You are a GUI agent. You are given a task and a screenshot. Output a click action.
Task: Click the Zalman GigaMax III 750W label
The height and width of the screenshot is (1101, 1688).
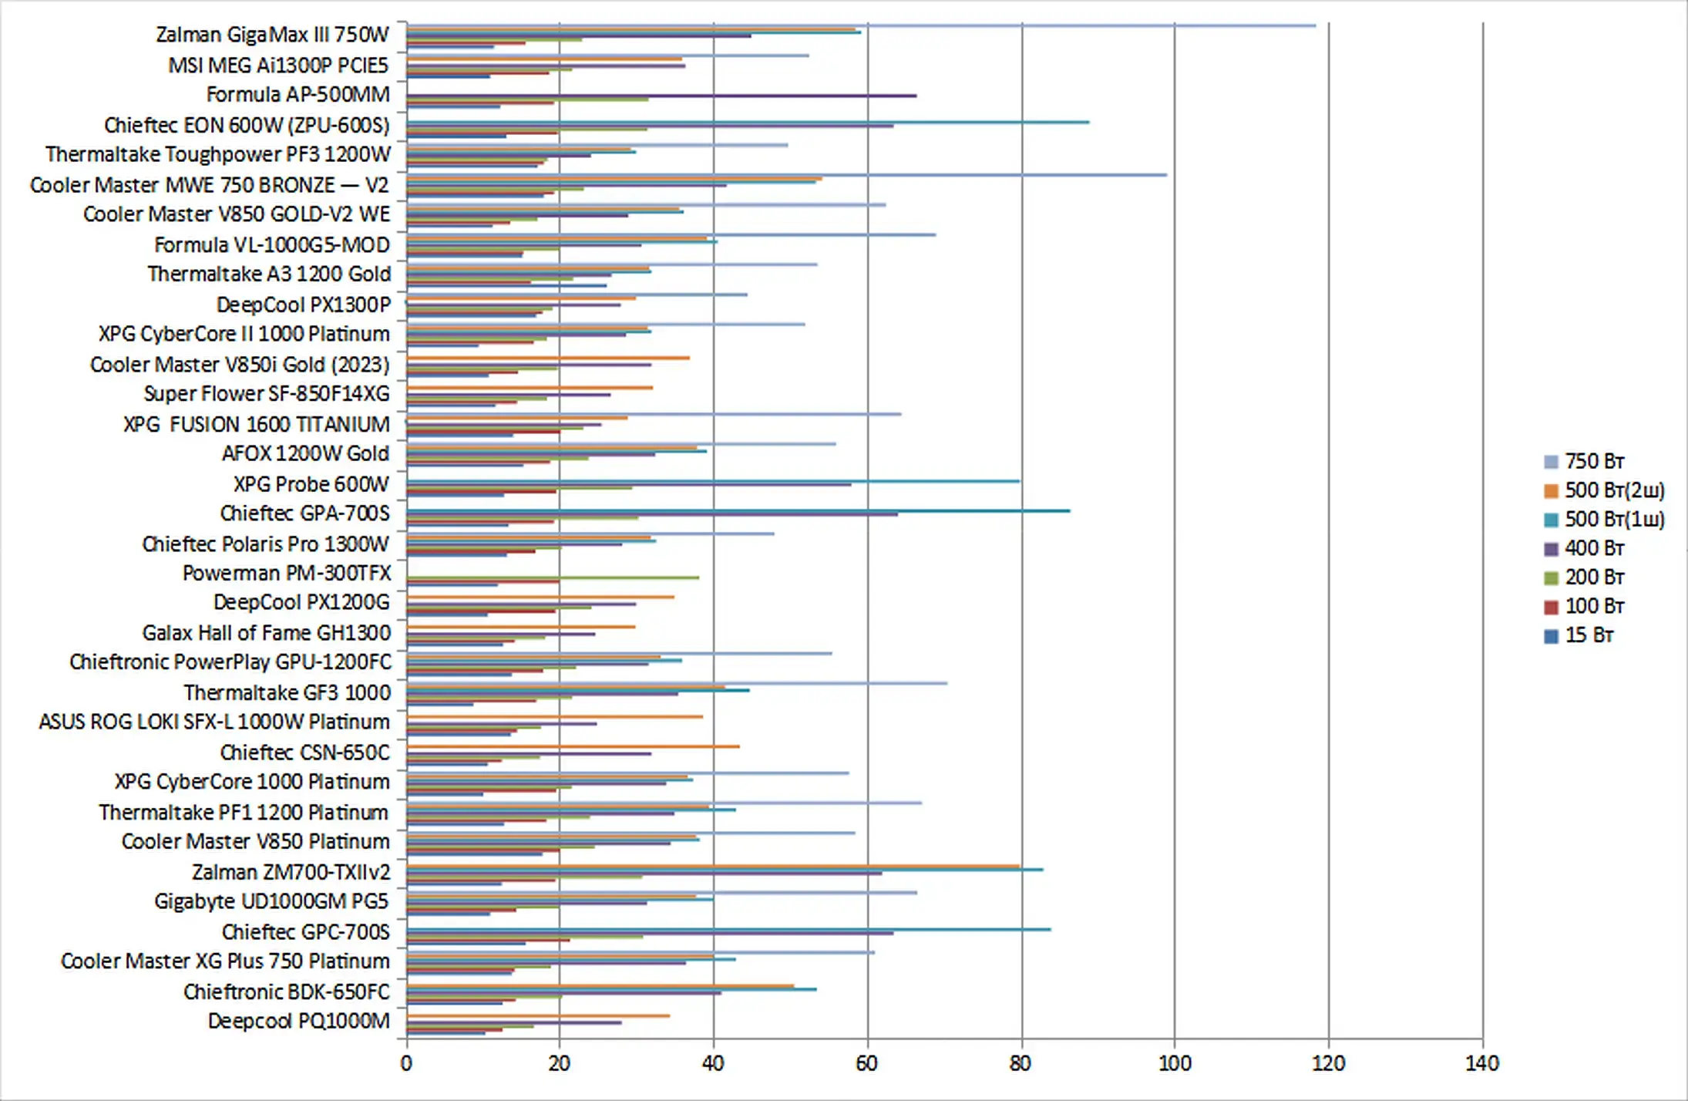click(272, 35)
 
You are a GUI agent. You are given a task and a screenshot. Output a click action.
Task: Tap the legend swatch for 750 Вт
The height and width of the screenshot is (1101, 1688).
click(1552, 462)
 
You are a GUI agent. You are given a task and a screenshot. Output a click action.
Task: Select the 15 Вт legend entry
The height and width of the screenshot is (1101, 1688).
click(1588, 635)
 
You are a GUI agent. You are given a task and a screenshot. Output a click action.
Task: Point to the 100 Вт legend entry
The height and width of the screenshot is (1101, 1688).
click(1593, 606)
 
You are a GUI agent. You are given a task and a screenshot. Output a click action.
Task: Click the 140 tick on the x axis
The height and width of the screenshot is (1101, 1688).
click(1481, 1064)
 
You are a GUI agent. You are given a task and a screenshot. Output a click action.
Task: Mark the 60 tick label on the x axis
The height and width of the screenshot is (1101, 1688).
click(867, 1064)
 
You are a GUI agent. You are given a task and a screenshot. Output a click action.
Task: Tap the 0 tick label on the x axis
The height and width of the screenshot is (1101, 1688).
click(406, 1064)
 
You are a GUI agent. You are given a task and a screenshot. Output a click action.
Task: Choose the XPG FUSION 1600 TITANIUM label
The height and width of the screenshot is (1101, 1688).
click(257, 424)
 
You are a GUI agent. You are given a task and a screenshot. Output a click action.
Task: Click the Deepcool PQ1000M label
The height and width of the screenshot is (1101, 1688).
click(298, 1021)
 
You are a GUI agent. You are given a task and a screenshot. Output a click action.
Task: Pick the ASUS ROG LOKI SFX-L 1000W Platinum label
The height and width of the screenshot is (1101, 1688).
click(214, 722)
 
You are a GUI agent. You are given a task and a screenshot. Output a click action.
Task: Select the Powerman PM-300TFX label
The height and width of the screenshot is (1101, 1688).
click(286, 573)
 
